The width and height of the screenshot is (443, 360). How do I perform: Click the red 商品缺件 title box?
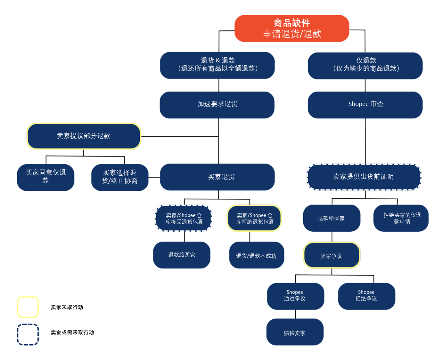[291, 28]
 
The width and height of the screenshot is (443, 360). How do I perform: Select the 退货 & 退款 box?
[217, 65]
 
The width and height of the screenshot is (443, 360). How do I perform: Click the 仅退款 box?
[365, 66]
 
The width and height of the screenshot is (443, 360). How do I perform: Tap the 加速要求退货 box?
[217, 105]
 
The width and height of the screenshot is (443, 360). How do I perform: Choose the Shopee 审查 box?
[365, 105]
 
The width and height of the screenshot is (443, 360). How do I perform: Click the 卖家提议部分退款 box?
[84, 136]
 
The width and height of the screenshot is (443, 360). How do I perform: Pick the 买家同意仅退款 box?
[45, 177]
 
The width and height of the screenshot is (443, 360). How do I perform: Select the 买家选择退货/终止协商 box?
[120, 177]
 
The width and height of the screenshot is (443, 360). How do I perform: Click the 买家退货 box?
[217, 177]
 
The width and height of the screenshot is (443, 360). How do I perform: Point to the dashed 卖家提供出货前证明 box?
[364, 177]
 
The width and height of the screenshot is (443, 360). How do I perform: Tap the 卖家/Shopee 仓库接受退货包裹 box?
[184, 219]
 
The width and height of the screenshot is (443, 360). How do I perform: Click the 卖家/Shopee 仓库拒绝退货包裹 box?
[254, 219]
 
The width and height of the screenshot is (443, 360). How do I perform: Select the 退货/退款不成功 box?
[257, 255]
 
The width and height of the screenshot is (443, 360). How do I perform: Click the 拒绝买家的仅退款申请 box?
[401, 218]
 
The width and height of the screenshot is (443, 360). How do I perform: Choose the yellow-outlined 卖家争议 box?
[332, 255]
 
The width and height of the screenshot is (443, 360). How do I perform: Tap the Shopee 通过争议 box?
[295, 296]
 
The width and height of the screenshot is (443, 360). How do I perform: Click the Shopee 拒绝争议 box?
[366, 296]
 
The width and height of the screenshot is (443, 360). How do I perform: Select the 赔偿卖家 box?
[295, 332]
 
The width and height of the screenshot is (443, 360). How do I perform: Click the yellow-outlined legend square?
[28, 307]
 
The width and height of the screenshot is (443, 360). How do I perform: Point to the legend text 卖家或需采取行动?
[72, 333]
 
